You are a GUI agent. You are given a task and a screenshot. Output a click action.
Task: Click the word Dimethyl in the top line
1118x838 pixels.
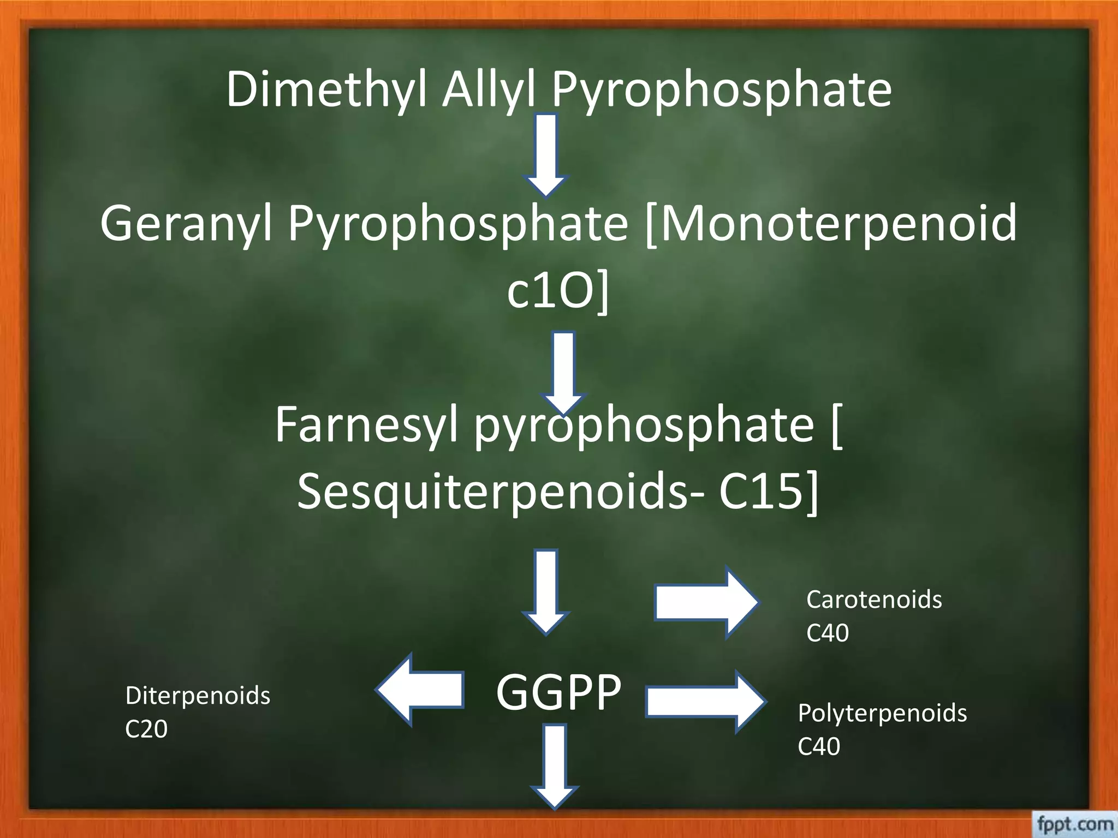pyautogui.click(x=326, y=90)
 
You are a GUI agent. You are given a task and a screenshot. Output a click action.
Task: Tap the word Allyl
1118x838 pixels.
pyautogui.click(x=489, y=90)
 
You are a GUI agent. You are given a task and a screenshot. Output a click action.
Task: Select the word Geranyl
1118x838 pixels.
pyautogui.click(x=186, y=224)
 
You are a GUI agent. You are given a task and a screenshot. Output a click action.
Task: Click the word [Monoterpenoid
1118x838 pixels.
pyautogui.click(x=830, y=224)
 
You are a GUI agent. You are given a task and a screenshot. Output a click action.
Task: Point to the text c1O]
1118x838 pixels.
pyautogui.click(x=557, y=292)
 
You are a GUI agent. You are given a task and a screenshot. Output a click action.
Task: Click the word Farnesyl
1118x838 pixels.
pyautogui.click(x=366, y=426)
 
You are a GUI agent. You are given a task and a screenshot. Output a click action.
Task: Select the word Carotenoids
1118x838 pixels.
pyautogui.click(x=874, y=600)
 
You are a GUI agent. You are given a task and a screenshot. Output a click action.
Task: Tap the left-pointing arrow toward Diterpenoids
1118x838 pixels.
pyautogui.click(x=420, y=690)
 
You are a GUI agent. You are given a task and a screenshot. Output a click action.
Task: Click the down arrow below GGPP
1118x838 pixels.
pyautogui.click(x=555, y=766)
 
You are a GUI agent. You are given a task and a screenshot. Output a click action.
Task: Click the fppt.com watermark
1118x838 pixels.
pyautogui.click(x=1074, y=824)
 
